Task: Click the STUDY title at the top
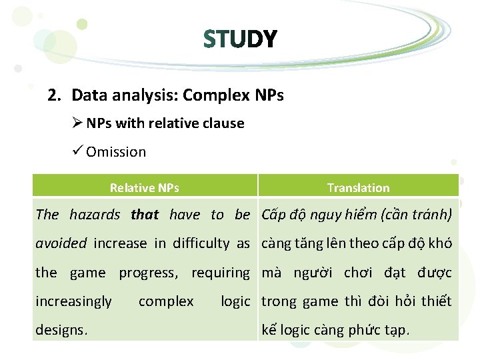[240, 39]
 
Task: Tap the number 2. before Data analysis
[55, 95]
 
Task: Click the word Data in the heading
[88, 95]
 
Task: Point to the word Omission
[116, 152]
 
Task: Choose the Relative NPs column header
[144, 188]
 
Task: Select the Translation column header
[358, 188]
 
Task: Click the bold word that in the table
[145, 214]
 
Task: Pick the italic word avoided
[61, 243]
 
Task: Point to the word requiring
[220, 272]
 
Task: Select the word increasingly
[73, 301]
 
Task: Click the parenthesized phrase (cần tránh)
[417, 214]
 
